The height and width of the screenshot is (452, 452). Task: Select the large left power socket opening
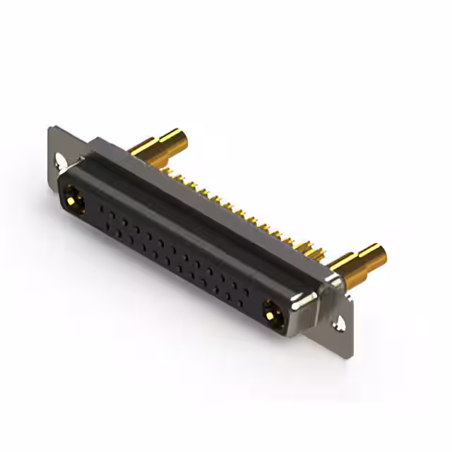tap(74, 201)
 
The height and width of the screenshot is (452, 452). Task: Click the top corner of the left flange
tap(51, 128)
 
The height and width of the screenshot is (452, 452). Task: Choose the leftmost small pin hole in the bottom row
tap(107, 225)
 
